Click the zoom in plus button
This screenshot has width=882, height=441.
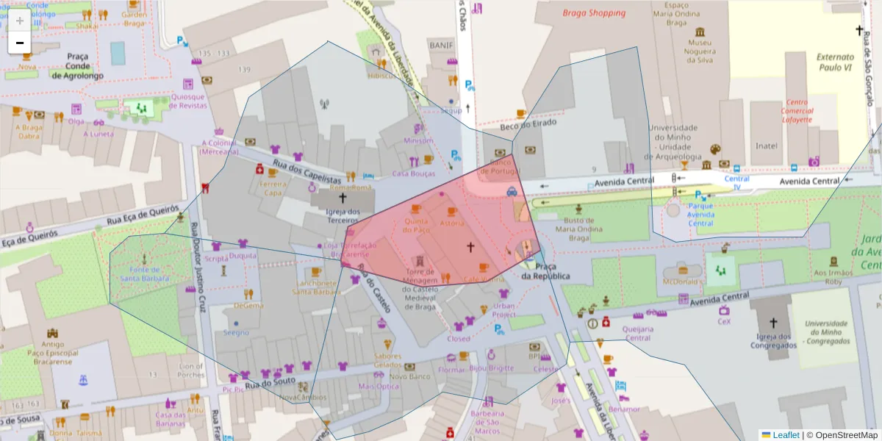tap(19, 21)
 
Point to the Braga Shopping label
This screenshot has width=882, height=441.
tap(594, 12)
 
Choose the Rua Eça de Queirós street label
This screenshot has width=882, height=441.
tap(143, 215)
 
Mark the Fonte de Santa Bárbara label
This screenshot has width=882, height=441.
tap(145, 273)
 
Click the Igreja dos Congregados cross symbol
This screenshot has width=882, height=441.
tap(772, 323)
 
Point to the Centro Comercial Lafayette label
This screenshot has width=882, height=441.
tap(797, 111)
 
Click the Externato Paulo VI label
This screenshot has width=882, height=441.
tap(835, 62)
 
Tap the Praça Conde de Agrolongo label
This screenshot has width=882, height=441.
tap(77, 65)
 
